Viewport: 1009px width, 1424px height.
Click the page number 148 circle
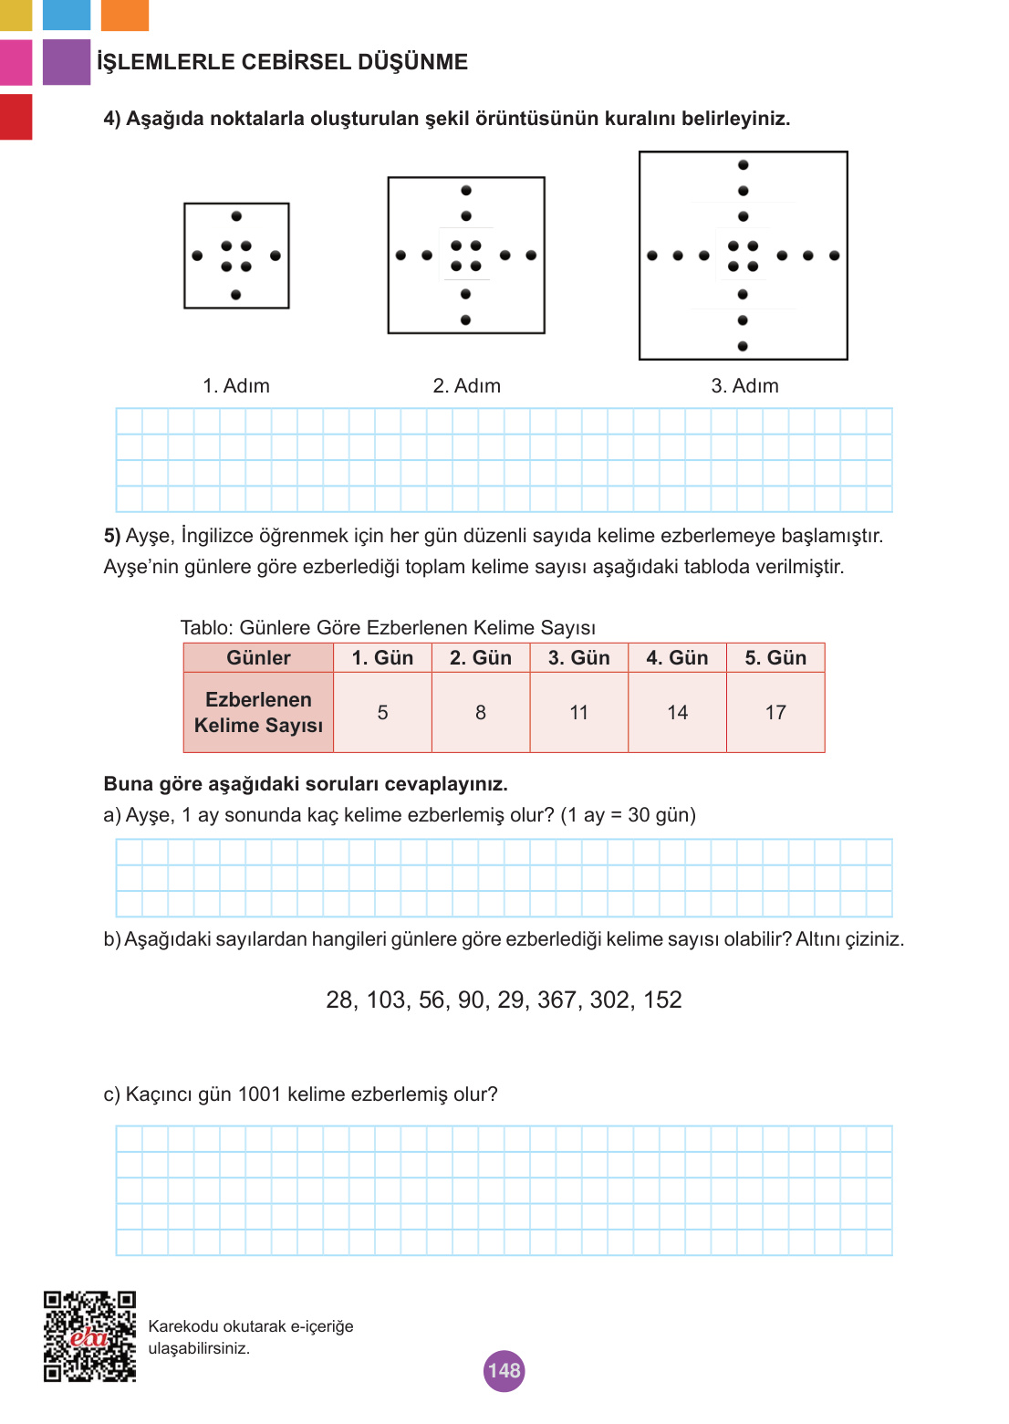tap(504, 1370)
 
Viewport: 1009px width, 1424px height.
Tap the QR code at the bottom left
tap(89, 1335)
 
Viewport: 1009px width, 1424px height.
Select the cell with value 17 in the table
tap(775, 713)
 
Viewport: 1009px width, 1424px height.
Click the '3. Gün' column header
tap(578, 658)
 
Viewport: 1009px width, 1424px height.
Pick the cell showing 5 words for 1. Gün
tap(382, 713)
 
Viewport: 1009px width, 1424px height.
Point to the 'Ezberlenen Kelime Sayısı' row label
tap(258, 713)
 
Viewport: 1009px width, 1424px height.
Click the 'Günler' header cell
tap(258, 658)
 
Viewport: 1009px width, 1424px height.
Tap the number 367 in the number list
tap(557, 1000)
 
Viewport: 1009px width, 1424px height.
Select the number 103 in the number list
tap(386, 1000)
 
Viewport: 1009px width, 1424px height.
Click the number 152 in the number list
tap(662, 1000)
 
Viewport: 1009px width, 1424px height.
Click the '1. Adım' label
tap(236, 386)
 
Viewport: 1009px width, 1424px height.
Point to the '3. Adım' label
tap(744, 386)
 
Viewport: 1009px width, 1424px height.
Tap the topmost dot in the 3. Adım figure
tap(744, 165)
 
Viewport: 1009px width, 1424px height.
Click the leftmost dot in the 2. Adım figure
tap(400, 256)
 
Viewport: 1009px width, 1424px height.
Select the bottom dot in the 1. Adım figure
tap(236, 295)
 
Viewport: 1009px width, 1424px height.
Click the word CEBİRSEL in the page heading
tap(296, 62)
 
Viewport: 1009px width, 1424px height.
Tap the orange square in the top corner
tap(125, 15)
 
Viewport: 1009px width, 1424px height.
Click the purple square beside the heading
tap(67, 62)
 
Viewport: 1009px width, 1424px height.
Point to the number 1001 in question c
tap(259, 1094)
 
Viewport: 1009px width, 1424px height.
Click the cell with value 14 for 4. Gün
tap(677, 713)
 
